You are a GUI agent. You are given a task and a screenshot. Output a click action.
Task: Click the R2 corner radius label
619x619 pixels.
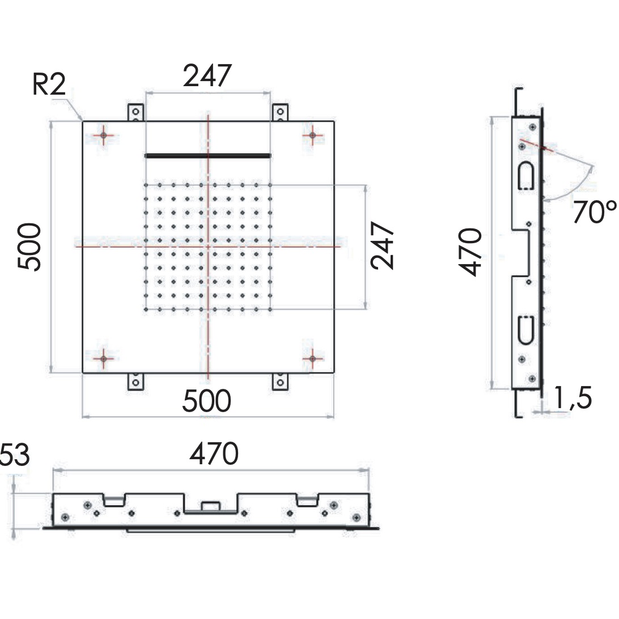pos(49,86)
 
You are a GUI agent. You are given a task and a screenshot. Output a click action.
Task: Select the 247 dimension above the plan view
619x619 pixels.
pos(207,76)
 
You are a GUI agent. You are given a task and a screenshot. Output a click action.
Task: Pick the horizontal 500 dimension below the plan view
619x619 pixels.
pos(206,401)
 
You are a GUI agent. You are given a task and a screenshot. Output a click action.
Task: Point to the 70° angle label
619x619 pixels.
pos(593,213)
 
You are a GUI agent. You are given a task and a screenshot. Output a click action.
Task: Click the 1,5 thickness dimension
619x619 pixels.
pos(573,398)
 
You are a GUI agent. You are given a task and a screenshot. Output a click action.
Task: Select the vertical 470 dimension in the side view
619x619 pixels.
pos(470,252)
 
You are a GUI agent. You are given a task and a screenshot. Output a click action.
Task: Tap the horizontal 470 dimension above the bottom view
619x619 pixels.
pos(214,454)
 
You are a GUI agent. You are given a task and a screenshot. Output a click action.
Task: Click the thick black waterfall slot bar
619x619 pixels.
pos(208,155)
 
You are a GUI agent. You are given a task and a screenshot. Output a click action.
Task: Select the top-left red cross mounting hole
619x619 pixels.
pos(103,135)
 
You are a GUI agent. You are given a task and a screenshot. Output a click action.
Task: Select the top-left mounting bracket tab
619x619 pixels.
pos(135,112)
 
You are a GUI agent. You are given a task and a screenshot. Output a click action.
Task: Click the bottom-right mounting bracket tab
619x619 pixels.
pos(280,381)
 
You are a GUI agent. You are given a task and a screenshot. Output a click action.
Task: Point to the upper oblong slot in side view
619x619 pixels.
pos(525,176)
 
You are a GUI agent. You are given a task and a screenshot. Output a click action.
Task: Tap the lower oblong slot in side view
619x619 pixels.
pos(525,329)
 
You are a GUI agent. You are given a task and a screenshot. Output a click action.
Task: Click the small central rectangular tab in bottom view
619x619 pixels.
pos(210,505)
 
